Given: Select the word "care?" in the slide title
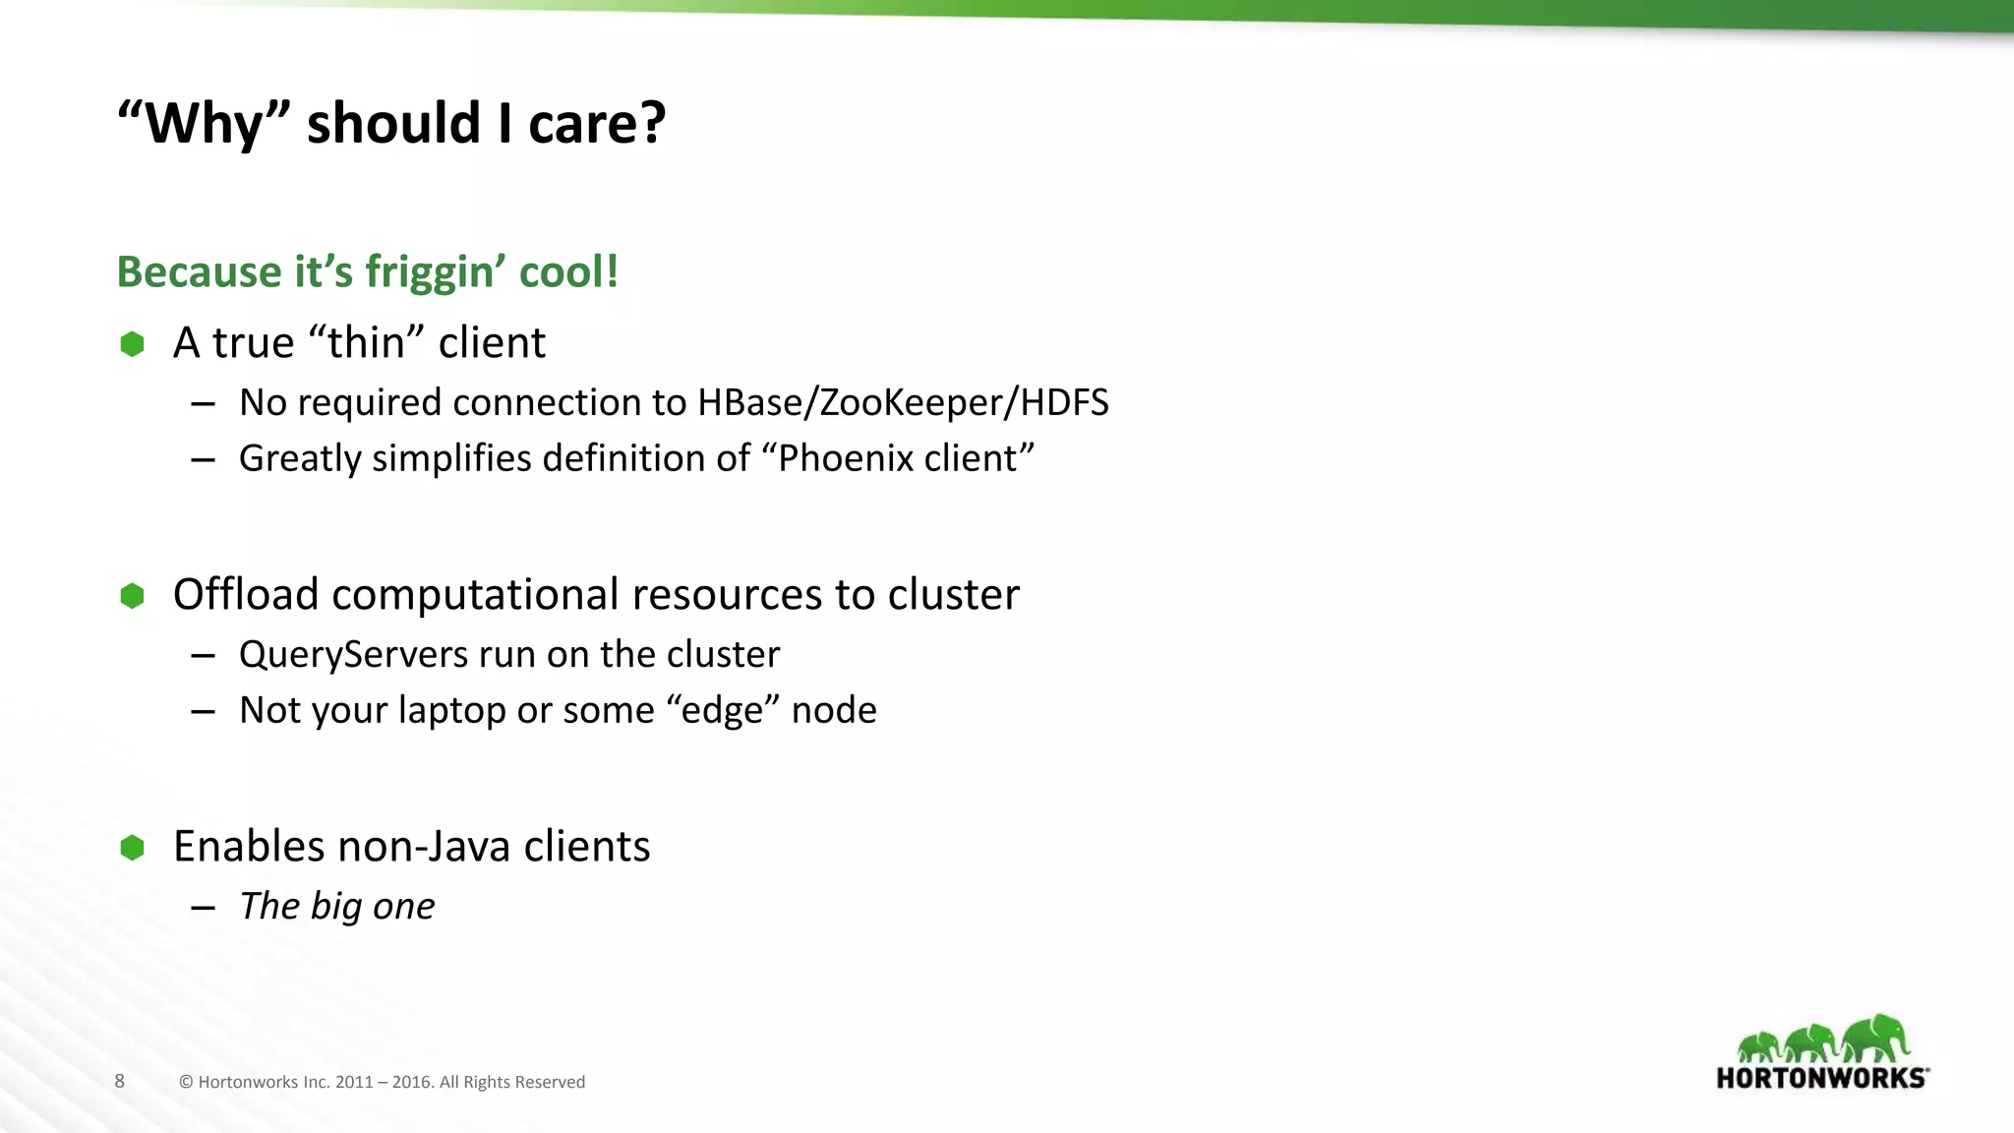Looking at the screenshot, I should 597,124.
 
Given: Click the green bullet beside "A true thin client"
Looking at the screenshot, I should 132,344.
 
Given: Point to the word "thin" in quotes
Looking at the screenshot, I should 366,343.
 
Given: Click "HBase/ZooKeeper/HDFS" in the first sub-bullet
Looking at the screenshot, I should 903,403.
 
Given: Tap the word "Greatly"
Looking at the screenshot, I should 300,459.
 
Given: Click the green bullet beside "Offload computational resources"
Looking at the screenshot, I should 132,596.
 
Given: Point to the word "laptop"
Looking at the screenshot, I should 451,711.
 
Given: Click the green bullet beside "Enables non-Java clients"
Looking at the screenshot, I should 132,848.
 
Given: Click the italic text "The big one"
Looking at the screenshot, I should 337,907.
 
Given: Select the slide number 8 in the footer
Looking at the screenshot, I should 120,1082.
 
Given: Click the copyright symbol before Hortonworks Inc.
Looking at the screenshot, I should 186,1083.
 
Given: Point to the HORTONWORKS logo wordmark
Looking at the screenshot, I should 1821,1078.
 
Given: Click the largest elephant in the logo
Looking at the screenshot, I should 1876,1039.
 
